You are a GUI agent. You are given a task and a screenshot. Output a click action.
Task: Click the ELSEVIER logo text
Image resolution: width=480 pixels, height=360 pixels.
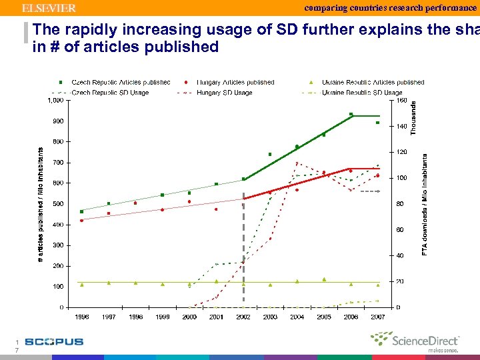click(x=49, y=8)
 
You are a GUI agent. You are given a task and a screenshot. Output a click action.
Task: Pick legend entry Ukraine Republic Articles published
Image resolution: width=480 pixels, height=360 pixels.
click(x=373, y=83)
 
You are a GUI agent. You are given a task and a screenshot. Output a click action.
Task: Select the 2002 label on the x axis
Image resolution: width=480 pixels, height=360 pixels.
click(x=243, y=317)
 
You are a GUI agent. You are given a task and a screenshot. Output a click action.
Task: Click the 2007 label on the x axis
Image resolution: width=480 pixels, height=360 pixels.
click(x=377, y=317)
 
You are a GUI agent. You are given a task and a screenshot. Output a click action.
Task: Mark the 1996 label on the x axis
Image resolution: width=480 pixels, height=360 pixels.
click(x=82, y=317)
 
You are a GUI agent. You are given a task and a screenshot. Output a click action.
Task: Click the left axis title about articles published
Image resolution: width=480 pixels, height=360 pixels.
click(x=40, y=204)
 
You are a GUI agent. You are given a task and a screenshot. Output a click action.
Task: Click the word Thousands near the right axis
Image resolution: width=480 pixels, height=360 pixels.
click(x=413, y=119)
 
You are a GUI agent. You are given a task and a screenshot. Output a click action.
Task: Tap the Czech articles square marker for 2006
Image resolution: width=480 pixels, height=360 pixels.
click(x=351, y=115)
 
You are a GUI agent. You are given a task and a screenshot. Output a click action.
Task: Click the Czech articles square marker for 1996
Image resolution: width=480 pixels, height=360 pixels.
click(x=82, y=211)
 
